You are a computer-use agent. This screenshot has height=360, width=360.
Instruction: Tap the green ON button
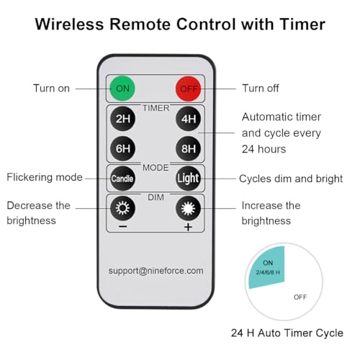(122, 89)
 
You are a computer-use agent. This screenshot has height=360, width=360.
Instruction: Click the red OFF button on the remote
(189, 89)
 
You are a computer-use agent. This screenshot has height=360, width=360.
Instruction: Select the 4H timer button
(189, 119)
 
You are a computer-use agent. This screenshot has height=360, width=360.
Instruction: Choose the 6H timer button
(122, 148)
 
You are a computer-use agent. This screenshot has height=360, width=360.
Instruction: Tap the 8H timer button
(189, 148)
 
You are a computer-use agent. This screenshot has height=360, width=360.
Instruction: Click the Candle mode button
(122, 179)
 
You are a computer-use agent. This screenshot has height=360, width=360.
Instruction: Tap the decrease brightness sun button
(122, 208)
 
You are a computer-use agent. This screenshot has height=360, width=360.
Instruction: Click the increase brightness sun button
(189, 208)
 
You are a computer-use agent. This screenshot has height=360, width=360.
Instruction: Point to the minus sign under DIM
(123, 227)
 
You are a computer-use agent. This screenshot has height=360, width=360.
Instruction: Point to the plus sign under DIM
(189, 227)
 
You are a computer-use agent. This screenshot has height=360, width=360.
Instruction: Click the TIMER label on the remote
(156, 108)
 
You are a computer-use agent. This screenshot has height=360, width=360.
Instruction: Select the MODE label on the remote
(156, 168)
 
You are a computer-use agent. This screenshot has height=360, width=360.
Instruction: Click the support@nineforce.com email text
(156, 271)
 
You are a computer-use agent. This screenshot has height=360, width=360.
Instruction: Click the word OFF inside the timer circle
(300, 297)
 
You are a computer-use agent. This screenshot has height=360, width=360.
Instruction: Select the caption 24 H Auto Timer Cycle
(287, 333)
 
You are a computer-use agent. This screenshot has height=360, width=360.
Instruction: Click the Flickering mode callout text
(45, 177)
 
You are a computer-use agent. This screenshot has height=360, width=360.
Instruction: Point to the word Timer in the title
(302, 24)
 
